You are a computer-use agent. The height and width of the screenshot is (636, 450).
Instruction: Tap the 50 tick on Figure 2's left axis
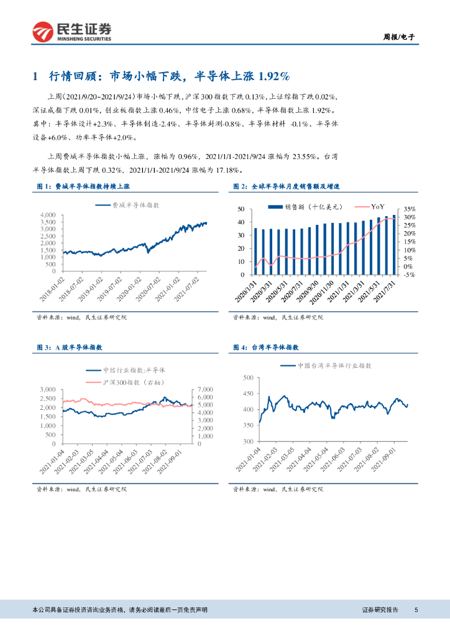point(241,210)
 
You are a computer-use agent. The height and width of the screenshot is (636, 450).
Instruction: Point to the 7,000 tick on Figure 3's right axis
point(204,389)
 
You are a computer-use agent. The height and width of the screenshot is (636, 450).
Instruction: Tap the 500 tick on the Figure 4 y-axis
point(247,378)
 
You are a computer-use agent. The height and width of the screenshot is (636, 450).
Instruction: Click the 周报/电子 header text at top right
point(397,37)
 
